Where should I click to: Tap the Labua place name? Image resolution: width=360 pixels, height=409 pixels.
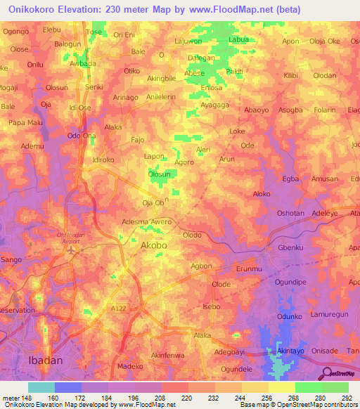[239, 40]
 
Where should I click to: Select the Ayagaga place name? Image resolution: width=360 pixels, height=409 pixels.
[215, 105]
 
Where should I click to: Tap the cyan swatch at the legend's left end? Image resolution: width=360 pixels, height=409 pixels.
[41, 387]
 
